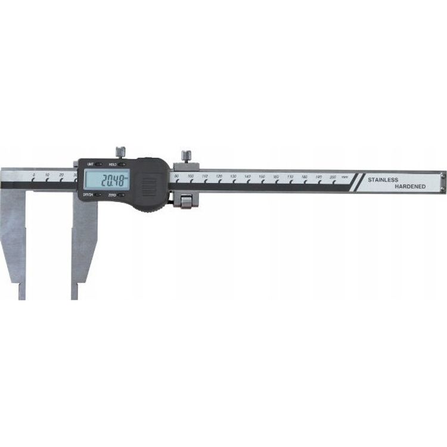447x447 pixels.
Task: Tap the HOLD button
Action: [x=121, y=163]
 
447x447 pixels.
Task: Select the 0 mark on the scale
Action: [x=33, y=175]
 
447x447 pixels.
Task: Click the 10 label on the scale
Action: [x=47, y=175]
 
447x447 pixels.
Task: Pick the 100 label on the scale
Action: [x=190, y=176]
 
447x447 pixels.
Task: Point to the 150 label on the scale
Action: [x=262, y=177]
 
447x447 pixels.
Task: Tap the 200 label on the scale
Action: [x=333, y=178]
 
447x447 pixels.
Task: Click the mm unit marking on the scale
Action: [x=344, y=178]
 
